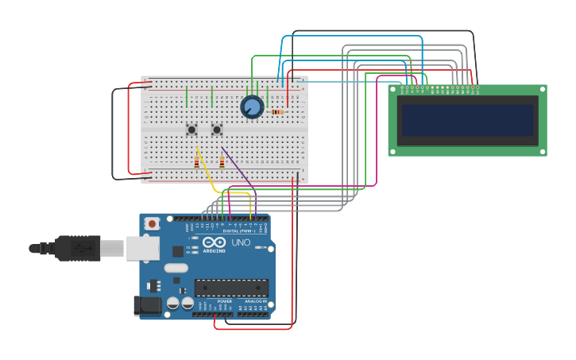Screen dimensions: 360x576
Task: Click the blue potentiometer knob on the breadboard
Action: coord(252,106)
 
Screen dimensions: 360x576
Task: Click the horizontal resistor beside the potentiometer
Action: coord(276,112)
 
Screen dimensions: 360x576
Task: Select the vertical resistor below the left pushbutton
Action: coord(196,162)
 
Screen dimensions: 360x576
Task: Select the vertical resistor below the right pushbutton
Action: coord(222,162)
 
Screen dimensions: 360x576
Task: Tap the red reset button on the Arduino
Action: coord(152,224)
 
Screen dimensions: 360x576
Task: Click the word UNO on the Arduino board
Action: coord(241,242)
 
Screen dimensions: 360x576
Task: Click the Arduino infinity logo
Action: coord(214,242)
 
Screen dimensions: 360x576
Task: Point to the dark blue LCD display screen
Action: coord(467,120)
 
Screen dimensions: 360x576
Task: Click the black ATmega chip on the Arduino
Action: coord(231,288)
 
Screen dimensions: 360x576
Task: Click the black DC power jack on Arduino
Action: coord(147,305)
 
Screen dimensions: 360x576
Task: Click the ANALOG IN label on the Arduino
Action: coord(256,301)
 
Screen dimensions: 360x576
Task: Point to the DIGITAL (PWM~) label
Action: coord(244,230)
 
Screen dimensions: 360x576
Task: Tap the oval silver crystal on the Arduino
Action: coord(176,268)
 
